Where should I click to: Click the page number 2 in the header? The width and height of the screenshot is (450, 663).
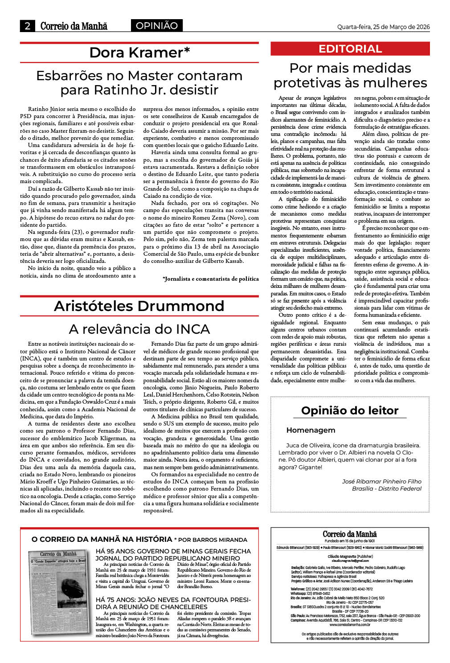click(x=28, y=26)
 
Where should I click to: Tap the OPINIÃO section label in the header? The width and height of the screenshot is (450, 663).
click(x=157, y=26)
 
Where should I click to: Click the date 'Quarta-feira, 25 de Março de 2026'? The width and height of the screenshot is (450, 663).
click(x=383, y=27)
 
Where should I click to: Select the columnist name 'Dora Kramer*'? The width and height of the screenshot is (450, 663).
click(x=139, y=53)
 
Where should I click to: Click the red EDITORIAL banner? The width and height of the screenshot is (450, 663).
click(x=350, y=49)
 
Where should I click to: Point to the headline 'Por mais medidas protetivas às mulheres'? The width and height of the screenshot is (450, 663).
click(x=350, y=75)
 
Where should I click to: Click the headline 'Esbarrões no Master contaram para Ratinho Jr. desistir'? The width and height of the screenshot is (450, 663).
click(x=139, y=82)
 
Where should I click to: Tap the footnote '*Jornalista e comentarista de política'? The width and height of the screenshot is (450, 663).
click(x=210, y=278)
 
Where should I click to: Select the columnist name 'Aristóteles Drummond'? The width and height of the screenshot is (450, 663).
click(x=139, y=306)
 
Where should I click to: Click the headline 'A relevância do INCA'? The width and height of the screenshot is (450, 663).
click(x=139, y=329)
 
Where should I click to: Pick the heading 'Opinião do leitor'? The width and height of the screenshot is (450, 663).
click(x=350, y=410)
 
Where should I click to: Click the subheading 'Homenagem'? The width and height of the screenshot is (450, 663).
click(x=311, y=430)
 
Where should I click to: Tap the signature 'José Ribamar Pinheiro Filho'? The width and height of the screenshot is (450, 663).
click(x=381, y=481)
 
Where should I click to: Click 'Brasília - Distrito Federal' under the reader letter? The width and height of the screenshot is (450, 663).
click(x=386, y=488)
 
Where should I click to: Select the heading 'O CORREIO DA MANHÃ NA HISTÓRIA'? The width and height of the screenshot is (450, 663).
click(x=102, y=539)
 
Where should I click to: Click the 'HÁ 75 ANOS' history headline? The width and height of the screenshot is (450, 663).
click(x=173, y=603)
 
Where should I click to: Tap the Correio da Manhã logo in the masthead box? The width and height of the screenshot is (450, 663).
click(x=350, y=534)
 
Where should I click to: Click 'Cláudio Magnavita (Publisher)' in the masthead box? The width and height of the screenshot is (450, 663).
click(x=350, y=557)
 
